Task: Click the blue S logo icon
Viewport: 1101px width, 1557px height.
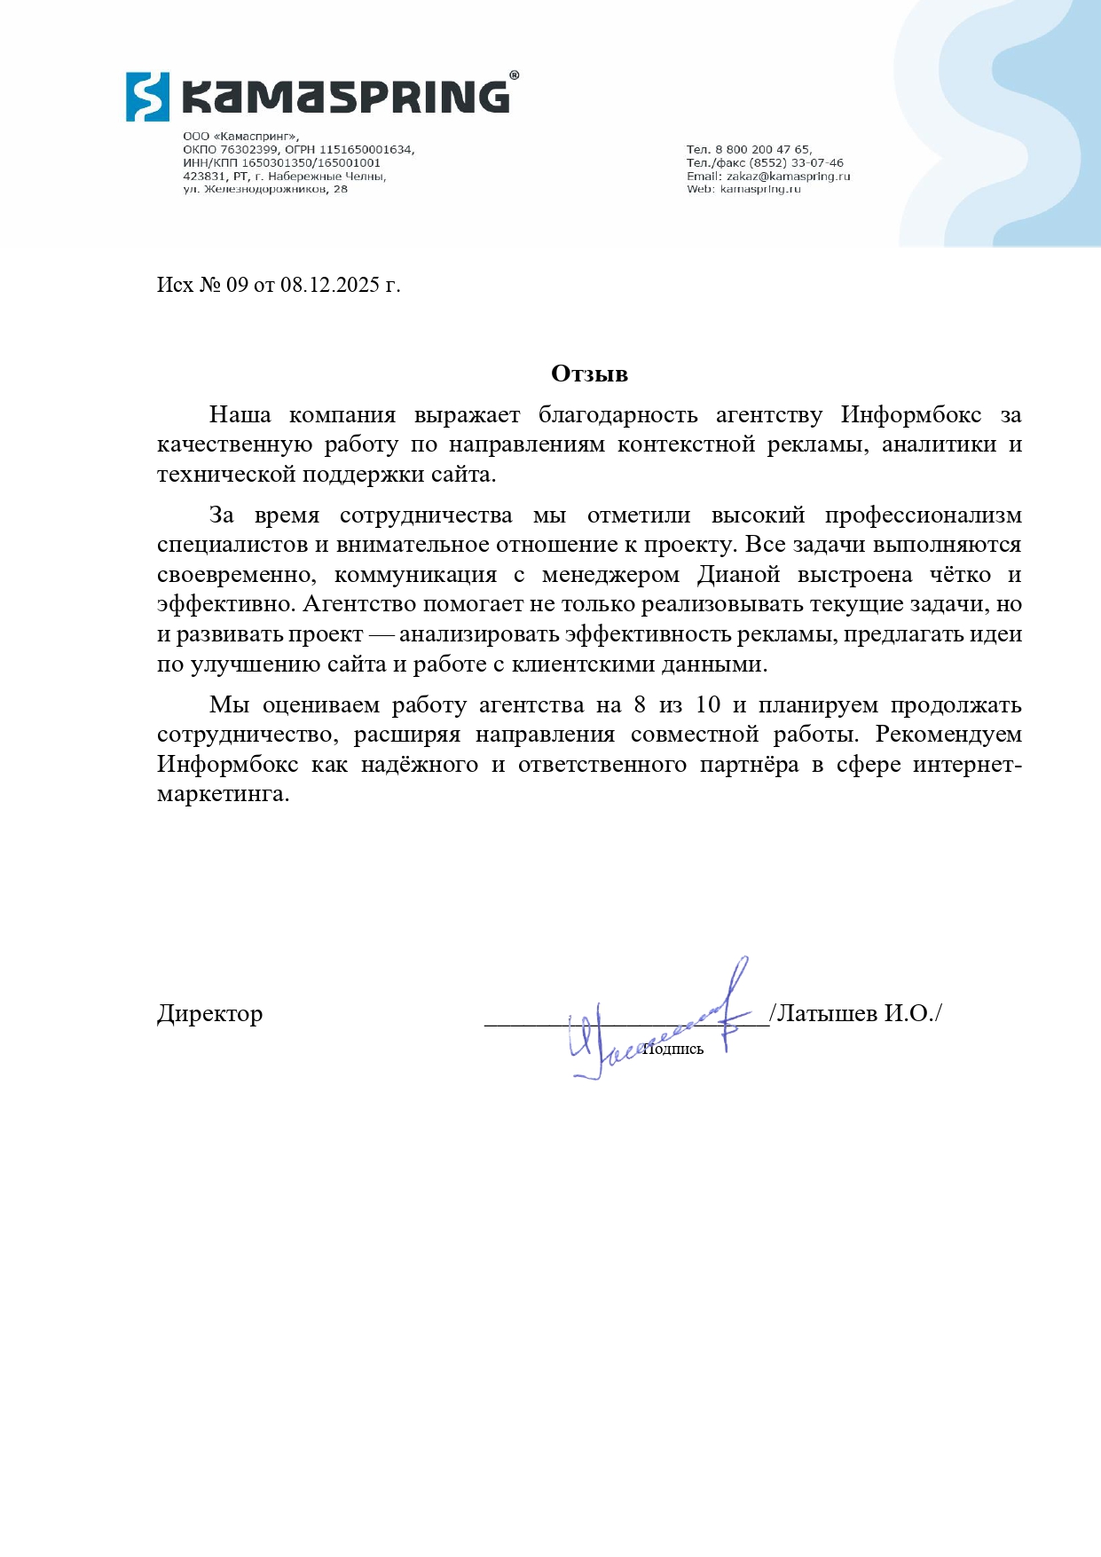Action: click(x=147, y=97)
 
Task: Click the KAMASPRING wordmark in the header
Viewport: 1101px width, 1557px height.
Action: click(x=346, y=97)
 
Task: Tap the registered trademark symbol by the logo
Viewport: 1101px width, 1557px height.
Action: click(x=515, y=77)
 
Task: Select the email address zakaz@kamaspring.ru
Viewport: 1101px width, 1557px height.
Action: click(x=788, y=177)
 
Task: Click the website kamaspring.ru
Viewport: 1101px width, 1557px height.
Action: click(x=760, y=189)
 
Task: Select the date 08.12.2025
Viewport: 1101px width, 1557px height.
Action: click(x=330, y=285)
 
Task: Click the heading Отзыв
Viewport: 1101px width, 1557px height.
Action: click(x=589, y=374)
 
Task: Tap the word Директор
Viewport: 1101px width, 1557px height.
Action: click(x=209, y=1013)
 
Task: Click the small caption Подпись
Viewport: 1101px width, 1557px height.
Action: click(x=673, y=1050)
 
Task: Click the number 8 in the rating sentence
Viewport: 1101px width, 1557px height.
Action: click(x=640, y=705)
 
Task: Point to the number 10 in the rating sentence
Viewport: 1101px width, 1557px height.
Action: click(x=708, y=705)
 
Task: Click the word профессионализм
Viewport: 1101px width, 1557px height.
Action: click(x=923, y=515)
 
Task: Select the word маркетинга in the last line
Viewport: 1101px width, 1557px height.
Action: click(x=223, y=794)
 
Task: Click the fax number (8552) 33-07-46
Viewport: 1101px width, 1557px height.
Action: click(x=797, y=163)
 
